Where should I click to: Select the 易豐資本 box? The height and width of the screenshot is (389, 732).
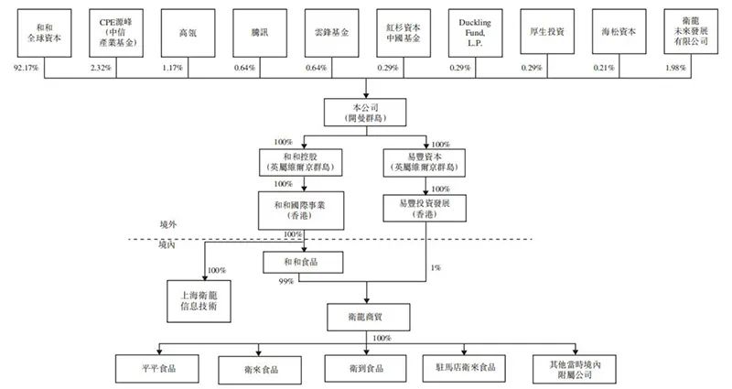click(425, 162)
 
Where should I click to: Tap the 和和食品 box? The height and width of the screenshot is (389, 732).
click(304, 262)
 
